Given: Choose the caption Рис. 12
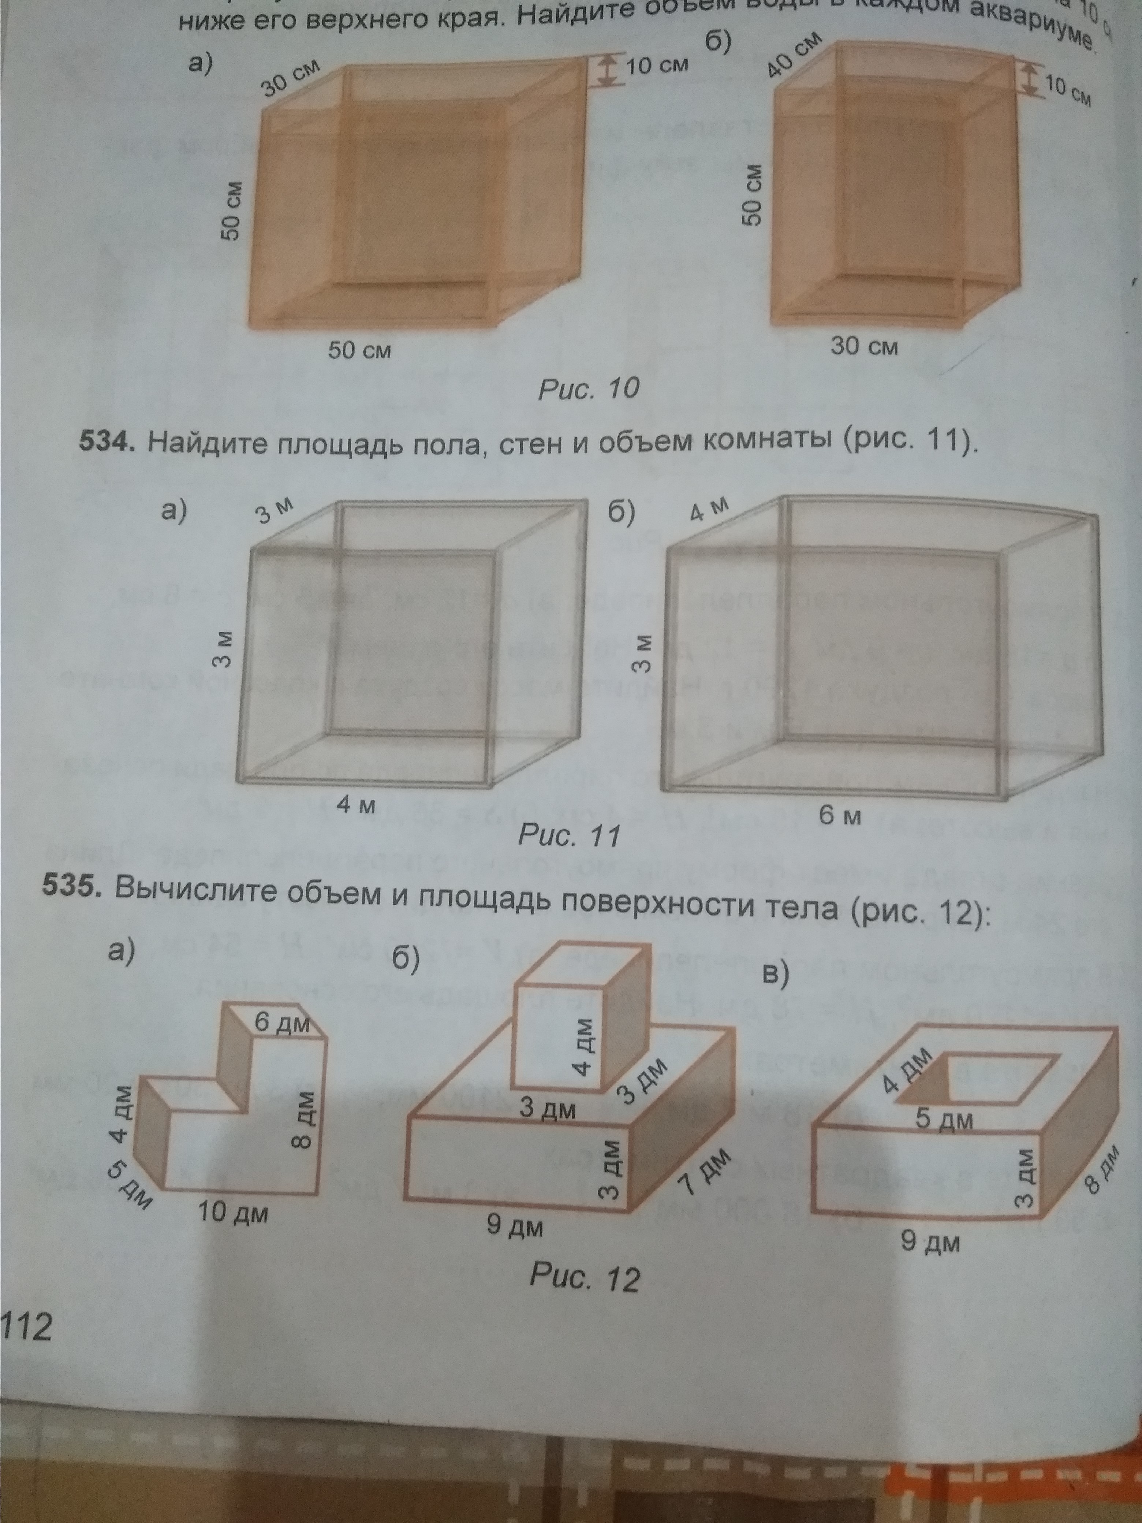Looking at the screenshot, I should pyautogui.click(x=585, y=1277).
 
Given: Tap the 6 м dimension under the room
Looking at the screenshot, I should pyautogui.click(x=840, y=816).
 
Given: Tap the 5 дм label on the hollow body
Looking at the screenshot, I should pyautogui.click(x=944, y=1120).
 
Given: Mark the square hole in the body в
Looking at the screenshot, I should pyautogui.click(x=998, y=1076).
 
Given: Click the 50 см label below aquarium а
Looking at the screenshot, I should pyautogui.click(x=359, y=350).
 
